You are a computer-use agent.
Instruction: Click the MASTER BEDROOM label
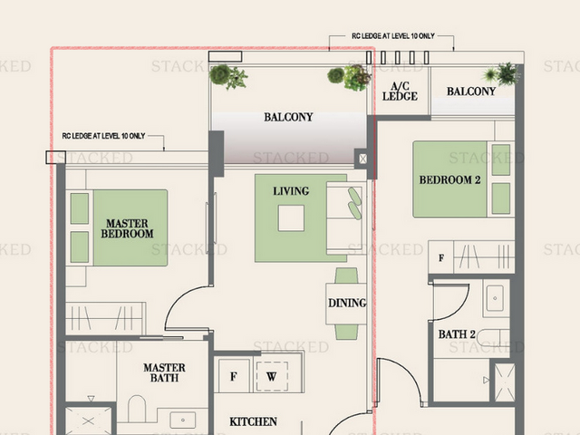tap(127, 228)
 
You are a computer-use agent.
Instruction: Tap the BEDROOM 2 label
tap(449, 180)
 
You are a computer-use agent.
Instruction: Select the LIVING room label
tap(291, 191)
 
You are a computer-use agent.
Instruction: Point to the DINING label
tap(347, 303)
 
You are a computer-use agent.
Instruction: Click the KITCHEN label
tap(253, 421)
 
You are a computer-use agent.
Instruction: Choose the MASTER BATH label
tap(164, 372)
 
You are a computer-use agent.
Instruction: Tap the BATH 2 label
tap(457, 334)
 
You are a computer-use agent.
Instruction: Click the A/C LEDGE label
tap(400, 92)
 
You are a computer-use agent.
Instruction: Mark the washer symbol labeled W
tap(272, 377)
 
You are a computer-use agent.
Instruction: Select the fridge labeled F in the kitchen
tap(234, 376)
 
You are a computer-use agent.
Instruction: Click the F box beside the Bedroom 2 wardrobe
tap(441, 257)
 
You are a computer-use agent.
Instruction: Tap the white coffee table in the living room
tap(291, 218)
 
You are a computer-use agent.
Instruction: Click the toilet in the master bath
tap(137, 409)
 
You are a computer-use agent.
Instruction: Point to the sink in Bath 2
tap(495, 298)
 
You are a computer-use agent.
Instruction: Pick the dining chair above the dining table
tap(346, 275)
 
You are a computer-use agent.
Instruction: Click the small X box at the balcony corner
tap(362, 159)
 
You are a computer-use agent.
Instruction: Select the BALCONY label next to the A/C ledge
tap(471, 92)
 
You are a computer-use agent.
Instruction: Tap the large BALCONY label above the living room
tap(288, 117)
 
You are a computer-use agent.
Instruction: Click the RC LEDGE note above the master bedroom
tap(103, 136)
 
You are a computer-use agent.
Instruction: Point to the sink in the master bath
tap(183, 420)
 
